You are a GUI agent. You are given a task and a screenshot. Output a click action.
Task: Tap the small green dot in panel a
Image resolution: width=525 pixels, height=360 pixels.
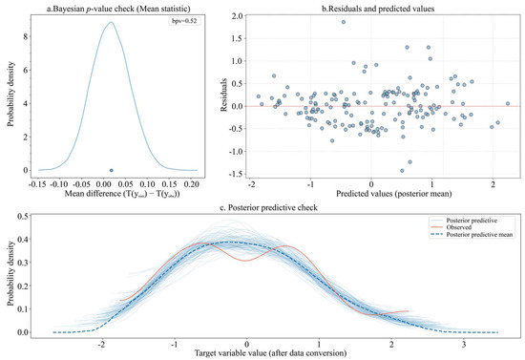pos(111,170)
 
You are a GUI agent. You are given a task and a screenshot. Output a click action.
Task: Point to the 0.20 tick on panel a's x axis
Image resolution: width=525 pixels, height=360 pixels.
pos(193,183)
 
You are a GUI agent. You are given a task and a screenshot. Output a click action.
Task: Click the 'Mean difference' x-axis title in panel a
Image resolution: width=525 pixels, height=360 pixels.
pos(111,194)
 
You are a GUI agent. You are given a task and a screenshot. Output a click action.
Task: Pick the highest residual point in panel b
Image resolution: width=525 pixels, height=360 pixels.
pos(344,21)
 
